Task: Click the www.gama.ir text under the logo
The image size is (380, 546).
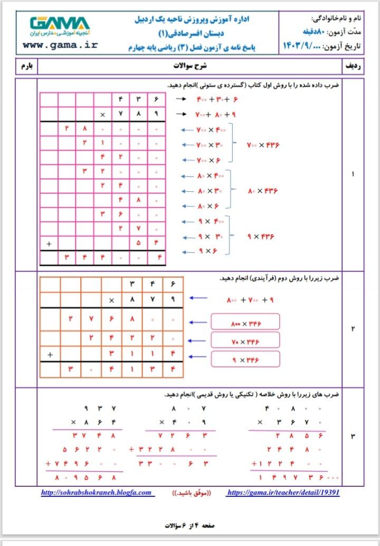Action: (x=60, y=45)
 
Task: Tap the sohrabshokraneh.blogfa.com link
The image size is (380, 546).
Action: (x=98, y=493)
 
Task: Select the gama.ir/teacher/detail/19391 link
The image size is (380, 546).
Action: (x=283, y=493)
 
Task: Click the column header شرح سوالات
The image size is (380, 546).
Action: (x=191, y=67)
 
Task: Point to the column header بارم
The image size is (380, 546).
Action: (x=26, y=67)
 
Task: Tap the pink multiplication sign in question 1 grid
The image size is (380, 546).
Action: (x=102, y=114)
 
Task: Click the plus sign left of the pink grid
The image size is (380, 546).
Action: (x=49, y=244)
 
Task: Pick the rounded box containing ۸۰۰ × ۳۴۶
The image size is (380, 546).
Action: (x=245, y=322)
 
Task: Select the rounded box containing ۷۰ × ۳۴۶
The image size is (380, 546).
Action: (x=245, y=341)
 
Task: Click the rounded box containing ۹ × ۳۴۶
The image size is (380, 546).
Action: (x=245, y=359)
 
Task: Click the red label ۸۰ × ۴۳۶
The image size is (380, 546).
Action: (x=262, y=191)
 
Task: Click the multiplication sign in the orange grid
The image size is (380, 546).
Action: (x=111, y=300)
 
